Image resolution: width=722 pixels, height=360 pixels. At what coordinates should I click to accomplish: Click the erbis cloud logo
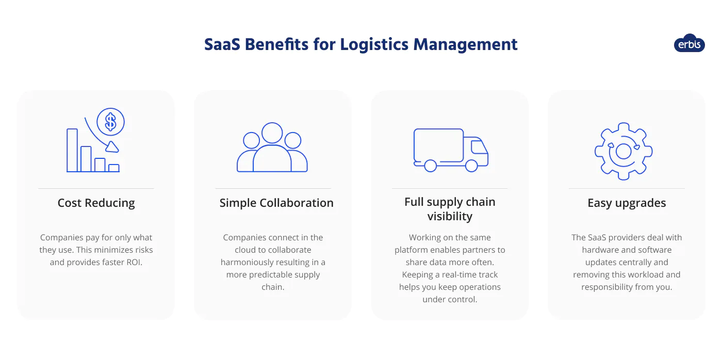(x=689, y=44)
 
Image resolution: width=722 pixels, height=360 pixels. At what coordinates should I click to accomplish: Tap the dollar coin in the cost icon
(x=110, y=122)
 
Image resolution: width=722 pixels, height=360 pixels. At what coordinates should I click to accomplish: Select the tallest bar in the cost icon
(x=72, y=150)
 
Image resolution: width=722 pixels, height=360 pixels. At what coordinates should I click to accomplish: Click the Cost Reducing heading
(x=96, y=203)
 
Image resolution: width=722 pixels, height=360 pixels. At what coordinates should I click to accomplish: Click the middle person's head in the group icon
(x=272, y=133)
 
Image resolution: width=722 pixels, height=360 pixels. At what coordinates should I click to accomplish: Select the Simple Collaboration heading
(x=276, y=203)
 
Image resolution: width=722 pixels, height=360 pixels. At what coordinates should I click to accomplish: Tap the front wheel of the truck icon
(x=471, y=166)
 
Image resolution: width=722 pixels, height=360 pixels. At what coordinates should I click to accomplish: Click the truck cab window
(x=478, y=146)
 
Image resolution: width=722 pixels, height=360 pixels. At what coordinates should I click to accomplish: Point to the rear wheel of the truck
(x=430, y=166)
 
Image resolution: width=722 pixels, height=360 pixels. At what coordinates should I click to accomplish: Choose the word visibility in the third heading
(x=450, y=217)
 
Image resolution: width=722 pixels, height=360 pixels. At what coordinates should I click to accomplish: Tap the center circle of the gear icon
(x=623, y=151)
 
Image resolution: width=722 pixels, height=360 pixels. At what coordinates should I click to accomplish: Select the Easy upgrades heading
(x=627, y=203)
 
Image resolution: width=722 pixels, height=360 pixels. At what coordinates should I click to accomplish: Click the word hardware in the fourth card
(x=600, y=250)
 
